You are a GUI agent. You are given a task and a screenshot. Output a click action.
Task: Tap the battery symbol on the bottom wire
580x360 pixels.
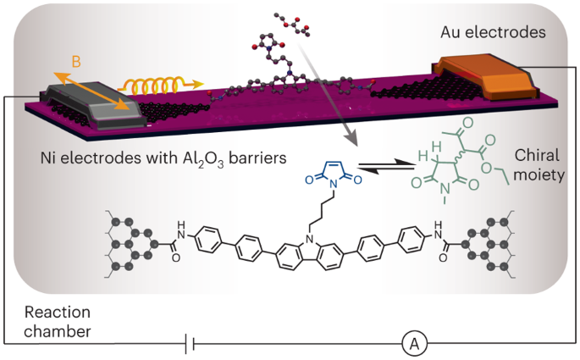192,343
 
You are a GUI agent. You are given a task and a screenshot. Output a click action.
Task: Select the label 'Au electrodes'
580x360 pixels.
484,32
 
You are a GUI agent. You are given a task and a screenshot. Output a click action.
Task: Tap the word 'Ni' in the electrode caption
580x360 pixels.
52,158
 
